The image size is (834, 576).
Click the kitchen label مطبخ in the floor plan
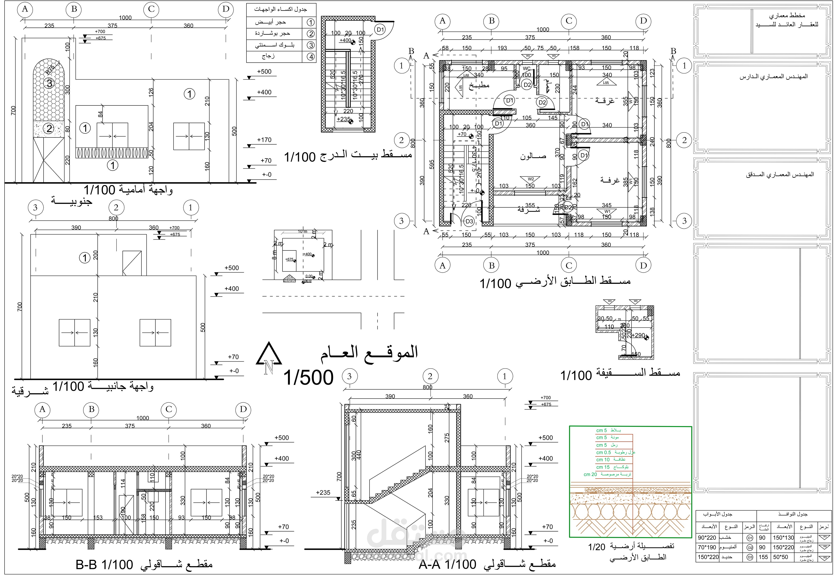[x=479, y=85]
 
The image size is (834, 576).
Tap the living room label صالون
[x=533, y=156]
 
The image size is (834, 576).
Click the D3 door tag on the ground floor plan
[x=469, y=221]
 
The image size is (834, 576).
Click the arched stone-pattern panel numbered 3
[x=49, y=89]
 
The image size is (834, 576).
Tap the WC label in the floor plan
[x=527, y=68]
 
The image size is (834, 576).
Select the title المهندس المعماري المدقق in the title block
[x=780, y=174]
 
